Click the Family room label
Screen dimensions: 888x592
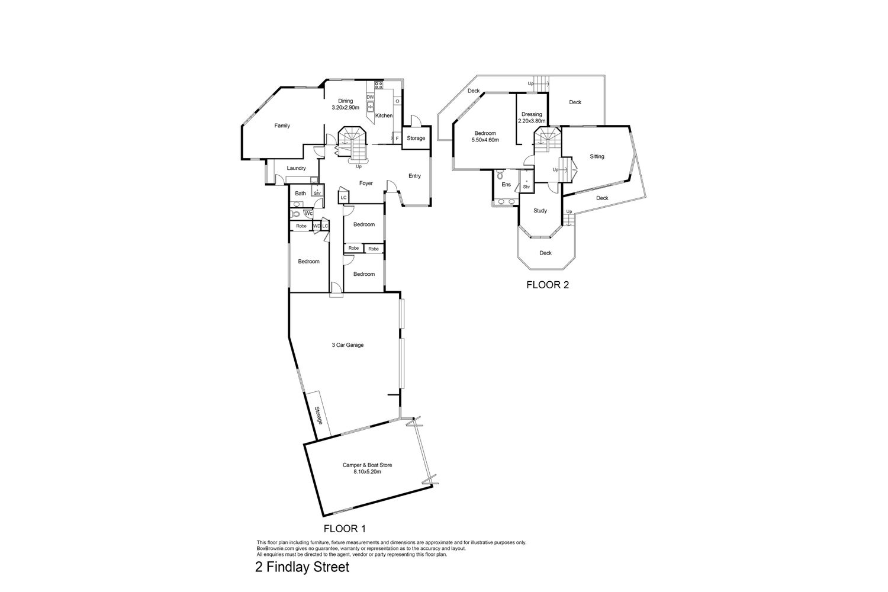coord(282,126)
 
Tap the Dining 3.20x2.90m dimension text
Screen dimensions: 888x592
coord(345,108)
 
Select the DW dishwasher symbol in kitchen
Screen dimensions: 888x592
coord(370,97)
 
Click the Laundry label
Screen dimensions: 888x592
coord(296,168)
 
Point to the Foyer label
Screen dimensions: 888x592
coord(366,183)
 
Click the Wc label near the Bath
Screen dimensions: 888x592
coord(308,213)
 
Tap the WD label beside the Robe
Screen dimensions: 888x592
coord(317,226)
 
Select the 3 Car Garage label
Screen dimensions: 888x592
coord(348,345)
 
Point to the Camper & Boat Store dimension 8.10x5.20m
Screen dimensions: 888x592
coord(368,472)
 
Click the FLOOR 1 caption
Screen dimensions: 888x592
coord(345,529)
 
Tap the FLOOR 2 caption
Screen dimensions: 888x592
coord(548,285)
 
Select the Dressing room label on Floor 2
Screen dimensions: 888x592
coord(532,114)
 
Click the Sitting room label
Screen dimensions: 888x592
coord(597,156)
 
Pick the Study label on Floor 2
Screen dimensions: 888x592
coord(540,211)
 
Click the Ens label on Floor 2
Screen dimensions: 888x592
coord(506,184)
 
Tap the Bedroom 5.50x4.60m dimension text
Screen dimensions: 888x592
coord(485,140)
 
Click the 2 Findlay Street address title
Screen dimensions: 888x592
coord(302,567)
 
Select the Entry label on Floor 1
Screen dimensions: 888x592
coord(414,176)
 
